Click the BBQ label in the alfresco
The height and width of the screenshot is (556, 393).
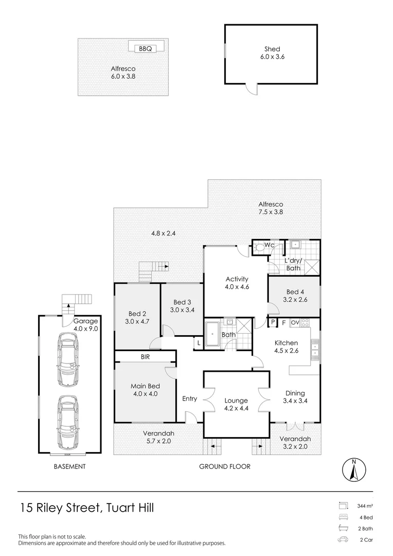click(145, 48)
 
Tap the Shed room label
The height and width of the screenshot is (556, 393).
click(272, 49)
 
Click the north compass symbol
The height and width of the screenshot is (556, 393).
click(354, 470)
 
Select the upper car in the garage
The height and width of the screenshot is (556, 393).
click(68, 360)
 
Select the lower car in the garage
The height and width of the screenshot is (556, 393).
click(68, 423)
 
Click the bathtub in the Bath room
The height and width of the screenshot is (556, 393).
click(212, 334)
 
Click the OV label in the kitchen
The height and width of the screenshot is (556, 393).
click(295, 323)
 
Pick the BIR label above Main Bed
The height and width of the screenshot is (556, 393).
click(145, 357)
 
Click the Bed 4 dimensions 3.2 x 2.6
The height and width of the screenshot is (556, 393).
click(295, 300)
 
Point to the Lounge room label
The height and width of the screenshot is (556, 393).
click(236, 401)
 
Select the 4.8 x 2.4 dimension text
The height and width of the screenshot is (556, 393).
click(164, 233)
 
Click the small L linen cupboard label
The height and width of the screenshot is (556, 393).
click(199, 343)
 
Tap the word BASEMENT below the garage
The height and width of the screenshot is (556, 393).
click(70, 466)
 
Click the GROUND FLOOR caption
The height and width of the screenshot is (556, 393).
click(225, 466)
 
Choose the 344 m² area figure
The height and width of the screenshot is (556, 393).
click(365, 506)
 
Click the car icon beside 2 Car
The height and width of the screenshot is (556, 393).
click(343, 540)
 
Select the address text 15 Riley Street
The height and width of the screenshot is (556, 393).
click(60, 508)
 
